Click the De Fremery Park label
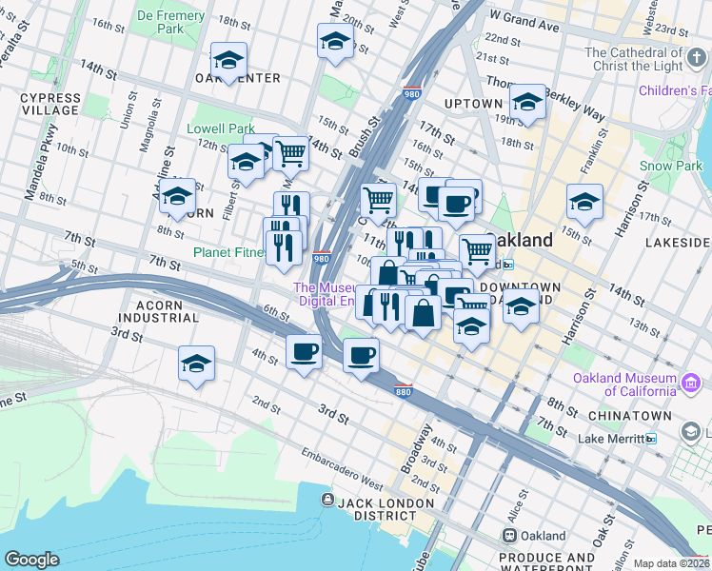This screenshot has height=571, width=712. click(x=171, y=23)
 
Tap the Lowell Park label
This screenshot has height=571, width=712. click(x=221, y=128)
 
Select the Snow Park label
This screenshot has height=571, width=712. click(x=670, y=166)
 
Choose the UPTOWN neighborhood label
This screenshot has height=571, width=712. click(x=473, y=104)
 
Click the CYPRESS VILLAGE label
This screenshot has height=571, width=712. click(x=49, y=104)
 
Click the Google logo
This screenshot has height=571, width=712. click(x=31, y=559)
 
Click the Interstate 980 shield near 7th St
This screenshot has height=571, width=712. click(x=322, y=257)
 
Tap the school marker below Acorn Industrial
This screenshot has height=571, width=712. click(x=197, y=364)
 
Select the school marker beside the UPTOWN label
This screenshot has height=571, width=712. click(x=526, y=102)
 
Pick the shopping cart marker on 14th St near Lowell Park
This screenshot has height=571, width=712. click(x=290, y=152)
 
